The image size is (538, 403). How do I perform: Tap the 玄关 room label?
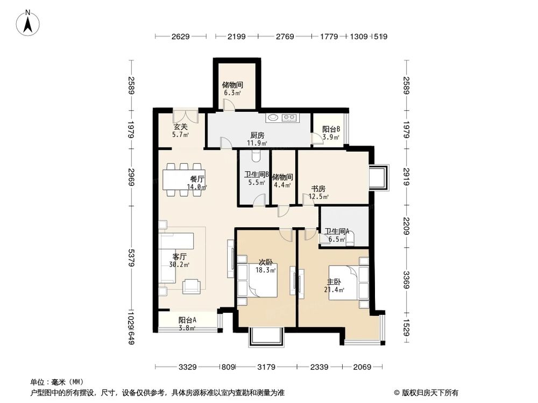(x=180, y=131)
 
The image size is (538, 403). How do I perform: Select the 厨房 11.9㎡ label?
(x=257, y=139)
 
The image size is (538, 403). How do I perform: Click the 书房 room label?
(x=318, y=192)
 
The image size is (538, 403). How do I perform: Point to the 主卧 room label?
(x=334, y=285)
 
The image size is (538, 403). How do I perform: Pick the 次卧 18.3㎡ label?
(x=266, y=266)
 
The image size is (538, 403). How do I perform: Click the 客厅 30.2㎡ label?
(x=179, y=260)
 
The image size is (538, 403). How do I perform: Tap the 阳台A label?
(x=187, y=323)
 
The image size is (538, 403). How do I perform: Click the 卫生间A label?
(x=336, y=235)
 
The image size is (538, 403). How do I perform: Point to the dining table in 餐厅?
(x=180, y=179)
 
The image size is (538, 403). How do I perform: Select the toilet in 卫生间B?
(x=256, y=155)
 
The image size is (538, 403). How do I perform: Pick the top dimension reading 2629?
(x=181, y=37)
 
